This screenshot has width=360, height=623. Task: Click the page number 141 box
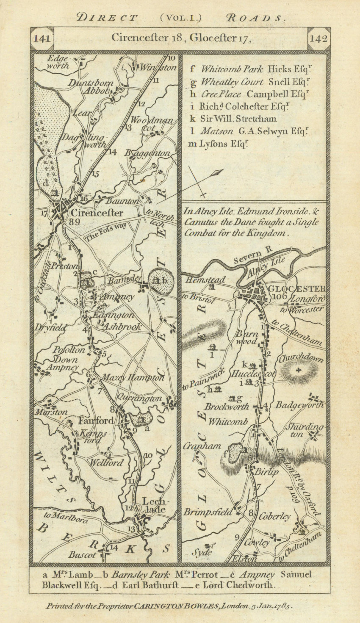tap(42, 39)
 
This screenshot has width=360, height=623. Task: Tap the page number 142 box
tap(318, 39)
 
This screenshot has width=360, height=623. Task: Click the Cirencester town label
tap(97, 213)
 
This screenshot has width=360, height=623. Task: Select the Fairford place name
tap(97, 421)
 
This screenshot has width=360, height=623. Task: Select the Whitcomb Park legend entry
tap(232, 69)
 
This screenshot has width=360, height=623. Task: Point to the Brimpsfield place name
tap(208, 512)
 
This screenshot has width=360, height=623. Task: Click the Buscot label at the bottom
tap(89, 554)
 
